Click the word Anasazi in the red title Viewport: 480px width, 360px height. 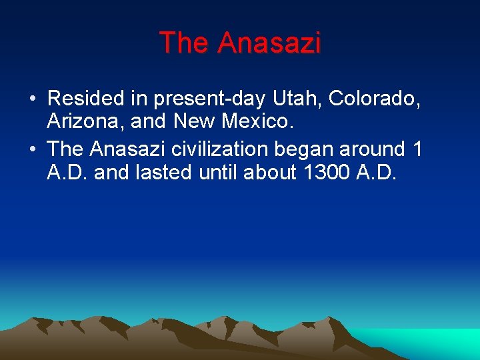coord(269,43)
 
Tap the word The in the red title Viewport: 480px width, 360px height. coord(185,43)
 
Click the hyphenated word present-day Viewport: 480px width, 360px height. coord(210,99)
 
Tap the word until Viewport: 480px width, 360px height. coord(219,173)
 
